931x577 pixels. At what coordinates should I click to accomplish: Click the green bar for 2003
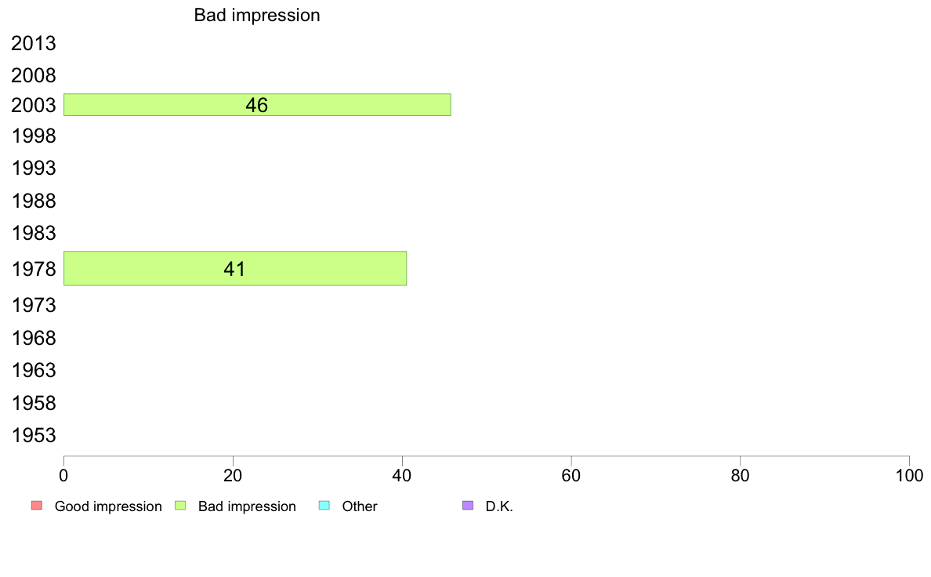coord(257,104)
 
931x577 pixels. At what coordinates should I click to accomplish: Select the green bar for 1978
coord(235,269)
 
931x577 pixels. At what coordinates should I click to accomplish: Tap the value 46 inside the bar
coord(256,105)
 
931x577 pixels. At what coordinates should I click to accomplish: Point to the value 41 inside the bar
coord(234,269)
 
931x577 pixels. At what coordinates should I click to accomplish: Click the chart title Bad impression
coord(257,15)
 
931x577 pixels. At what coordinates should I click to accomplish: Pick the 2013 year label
coord(33,43)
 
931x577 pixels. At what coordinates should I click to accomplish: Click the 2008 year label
coord(33,75)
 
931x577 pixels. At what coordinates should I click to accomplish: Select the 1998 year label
coord(33,136)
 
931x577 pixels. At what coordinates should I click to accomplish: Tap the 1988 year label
coord(33,201)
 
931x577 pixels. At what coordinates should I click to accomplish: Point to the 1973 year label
coord(33,306)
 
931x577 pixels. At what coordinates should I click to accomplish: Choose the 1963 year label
coord(33,370)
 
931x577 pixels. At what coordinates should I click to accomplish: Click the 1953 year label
coord(33,436)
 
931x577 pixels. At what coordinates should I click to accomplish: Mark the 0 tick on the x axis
coord(63,475)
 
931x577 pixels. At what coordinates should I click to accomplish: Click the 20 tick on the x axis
coord(233,475)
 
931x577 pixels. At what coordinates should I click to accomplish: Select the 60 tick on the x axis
coord(571,475)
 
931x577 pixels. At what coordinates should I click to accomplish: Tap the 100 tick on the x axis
coord(909,475)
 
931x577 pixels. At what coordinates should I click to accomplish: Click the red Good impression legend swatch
coord(37,506)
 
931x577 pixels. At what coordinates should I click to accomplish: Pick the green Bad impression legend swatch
coord(180,506)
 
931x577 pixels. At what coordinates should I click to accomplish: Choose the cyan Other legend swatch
coord(324,506)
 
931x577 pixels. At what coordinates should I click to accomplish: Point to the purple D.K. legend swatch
coord(468,506)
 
